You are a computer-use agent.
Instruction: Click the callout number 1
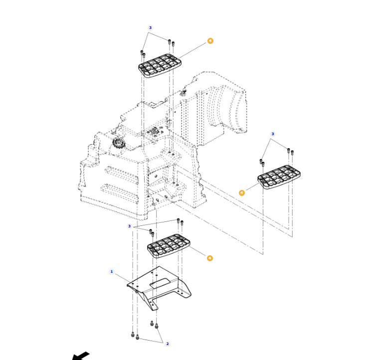coord(112,272)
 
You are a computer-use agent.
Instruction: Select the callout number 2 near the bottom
coord(167,344)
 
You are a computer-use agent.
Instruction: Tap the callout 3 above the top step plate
coord(150,28)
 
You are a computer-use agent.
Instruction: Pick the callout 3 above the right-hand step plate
coord(272,134)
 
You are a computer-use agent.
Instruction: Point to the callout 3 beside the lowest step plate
coord(129,226)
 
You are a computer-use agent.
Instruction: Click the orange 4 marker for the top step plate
coord(210,41)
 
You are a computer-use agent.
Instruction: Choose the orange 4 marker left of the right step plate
coord(242,193)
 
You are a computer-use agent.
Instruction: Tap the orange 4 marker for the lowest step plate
coord(210,258)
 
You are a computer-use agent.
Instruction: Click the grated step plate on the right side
coord(279,177)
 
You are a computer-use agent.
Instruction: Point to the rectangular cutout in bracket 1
coord(159,283)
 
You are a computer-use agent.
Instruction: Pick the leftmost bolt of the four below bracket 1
coord(133,335)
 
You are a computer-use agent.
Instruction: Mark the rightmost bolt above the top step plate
coord(173,43)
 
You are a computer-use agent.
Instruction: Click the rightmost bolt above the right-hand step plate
coord(292,151)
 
